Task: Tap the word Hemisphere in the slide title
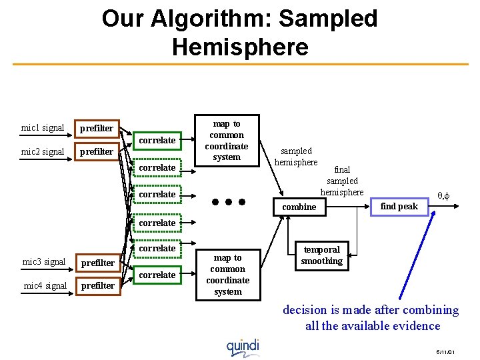point(239,47)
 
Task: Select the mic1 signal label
point(43,127)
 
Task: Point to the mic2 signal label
point(43,151)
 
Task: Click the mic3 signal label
point(44,261)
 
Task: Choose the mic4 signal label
point(44,285)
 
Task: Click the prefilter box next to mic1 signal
point(97,128)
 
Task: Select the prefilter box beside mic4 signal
point(97,286)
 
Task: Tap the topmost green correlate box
point(157,140)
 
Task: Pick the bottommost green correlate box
point(157,275)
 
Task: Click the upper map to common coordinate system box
point(227,141)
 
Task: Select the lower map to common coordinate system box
point(228,274)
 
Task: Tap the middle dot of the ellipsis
point(228,201)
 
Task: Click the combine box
point(299,207)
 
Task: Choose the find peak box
point(399,207)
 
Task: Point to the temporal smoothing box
point(321,255)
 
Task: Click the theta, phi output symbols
point(443,195)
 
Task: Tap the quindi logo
point(243,347)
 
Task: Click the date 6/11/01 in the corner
point(445,351)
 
